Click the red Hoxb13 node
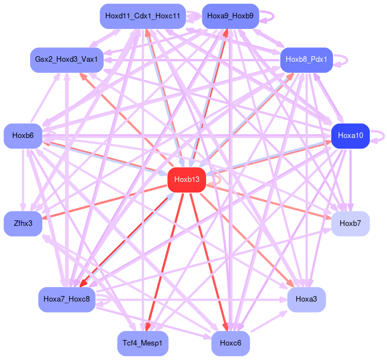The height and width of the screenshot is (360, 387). (187, 180)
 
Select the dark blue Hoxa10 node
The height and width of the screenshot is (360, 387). (350, 136)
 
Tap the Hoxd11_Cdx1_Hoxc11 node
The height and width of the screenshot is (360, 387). (143, 16)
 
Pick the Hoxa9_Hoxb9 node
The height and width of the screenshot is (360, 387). (230, 16)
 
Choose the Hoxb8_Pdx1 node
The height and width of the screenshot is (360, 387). (306, 59)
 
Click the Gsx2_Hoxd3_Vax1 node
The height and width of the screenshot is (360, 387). (67, 59)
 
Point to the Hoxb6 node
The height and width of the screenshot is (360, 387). (23, 136)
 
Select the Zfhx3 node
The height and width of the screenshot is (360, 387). (23, 223)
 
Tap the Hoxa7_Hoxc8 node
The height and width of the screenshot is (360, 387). (67, 299)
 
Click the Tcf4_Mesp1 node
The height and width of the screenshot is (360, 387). (143, 343)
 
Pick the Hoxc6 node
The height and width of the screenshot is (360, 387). (230, 343)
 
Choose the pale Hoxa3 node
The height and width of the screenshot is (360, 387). (306, 299)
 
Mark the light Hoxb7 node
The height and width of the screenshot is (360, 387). (350, 223)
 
